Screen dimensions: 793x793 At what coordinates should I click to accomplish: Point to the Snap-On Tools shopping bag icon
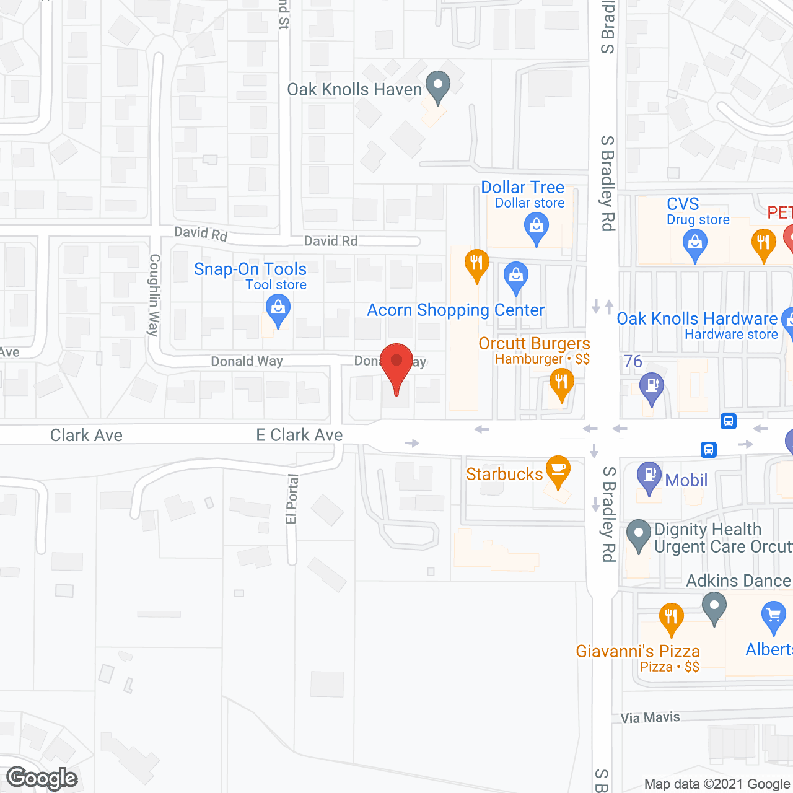278,309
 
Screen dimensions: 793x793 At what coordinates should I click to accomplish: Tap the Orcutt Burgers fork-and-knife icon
561,383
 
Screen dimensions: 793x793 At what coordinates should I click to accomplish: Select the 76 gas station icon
651,387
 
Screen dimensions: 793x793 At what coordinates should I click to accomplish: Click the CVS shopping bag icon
695,243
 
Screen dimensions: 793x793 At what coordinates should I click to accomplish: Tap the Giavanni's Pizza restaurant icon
671,618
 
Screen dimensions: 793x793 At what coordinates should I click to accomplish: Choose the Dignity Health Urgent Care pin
638,535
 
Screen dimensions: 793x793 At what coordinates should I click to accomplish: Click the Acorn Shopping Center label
455,310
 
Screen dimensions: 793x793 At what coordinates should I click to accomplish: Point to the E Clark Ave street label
299,435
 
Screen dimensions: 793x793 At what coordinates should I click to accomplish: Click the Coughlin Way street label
154,295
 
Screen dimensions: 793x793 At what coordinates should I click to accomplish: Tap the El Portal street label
292,499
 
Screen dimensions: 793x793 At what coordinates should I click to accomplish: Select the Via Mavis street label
650,717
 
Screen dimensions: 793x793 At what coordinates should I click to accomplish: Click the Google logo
42,778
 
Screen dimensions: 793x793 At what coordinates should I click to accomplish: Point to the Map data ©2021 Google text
717,784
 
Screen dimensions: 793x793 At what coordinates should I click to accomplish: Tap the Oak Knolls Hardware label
697,318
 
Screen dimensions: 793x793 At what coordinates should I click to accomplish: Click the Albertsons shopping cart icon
773,616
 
